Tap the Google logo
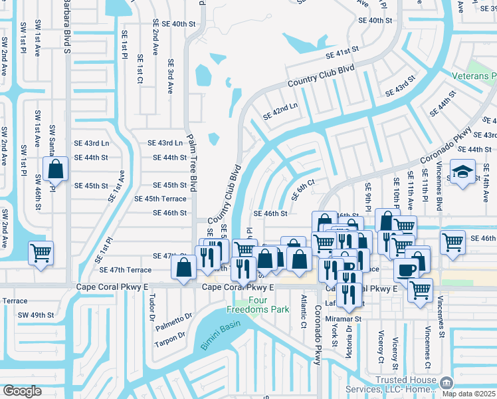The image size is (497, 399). tap(21, 390)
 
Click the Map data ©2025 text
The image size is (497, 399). tap(468, 393)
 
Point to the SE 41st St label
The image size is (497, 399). tap(342, 52)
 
